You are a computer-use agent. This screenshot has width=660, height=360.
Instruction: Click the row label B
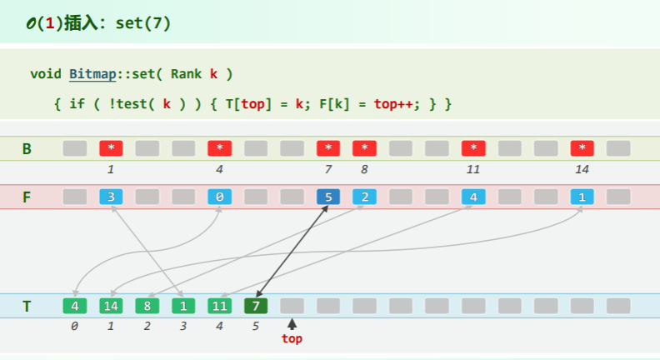click(27, 149)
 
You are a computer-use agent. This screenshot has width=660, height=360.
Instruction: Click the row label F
click(27, 197)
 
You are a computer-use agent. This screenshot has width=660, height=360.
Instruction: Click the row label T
click(27, 306)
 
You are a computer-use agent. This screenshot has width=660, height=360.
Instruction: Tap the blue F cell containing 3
click(111, 197)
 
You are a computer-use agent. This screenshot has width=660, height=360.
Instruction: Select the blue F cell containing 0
click(220, 197)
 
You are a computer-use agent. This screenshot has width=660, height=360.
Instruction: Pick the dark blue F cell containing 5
click(328, 197)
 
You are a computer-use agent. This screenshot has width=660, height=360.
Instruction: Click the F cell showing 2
click(364, 197)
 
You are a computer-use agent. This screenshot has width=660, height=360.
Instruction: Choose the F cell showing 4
click(473, 197)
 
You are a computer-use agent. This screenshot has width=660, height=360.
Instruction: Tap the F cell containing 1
click(582, 197)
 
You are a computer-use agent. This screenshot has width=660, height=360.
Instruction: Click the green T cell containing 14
click(111, 306)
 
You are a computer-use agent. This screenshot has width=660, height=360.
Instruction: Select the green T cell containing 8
click(147, 306)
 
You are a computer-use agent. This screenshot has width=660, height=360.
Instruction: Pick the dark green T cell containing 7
click(256, 306)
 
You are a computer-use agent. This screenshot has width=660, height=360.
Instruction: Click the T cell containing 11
click(220, 306)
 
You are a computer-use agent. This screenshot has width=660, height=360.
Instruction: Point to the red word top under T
click(292, 339)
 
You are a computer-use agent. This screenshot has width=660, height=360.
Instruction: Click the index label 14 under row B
click(582, 169)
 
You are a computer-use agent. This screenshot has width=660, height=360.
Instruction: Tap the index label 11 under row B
click(473, 169)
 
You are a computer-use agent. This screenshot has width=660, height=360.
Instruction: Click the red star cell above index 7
click(328, 148)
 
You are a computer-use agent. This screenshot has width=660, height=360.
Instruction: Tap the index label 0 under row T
click(74, 326)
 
